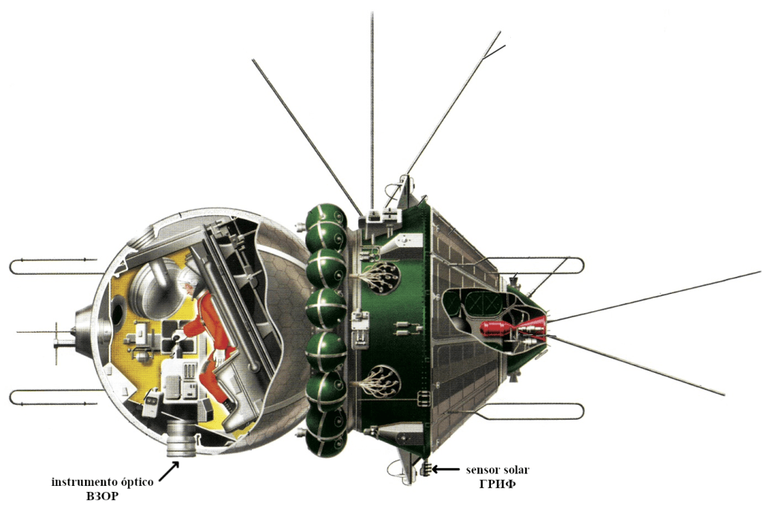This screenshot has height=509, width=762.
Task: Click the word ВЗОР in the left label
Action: tap(103, 496)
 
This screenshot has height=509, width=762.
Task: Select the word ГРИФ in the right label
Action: tap(497, 484)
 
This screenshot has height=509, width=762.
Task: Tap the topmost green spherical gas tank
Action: tap(326, 218)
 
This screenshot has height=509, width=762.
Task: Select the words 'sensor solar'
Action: tap(498, 470)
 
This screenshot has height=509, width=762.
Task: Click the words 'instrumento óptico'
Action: tap(103, 482)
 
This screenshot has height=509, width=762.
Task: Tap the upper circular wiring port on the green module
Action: tap(380, 276)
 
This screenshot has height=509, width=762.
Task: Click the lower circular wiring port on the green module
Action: tap(380, 382)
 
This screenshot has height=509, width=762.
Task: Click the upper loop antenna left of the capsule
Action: tap(52, 266)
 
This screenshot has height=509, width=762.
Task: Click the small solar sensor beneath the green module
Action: tap(427, 469)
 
